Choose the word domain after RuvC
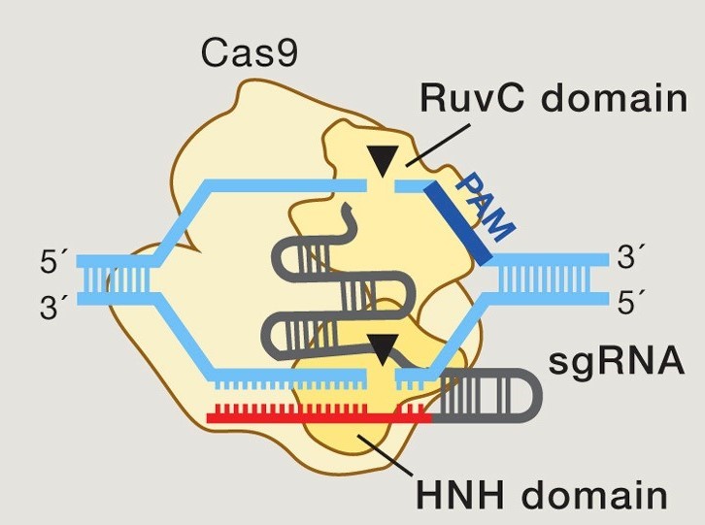point(607,98)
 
